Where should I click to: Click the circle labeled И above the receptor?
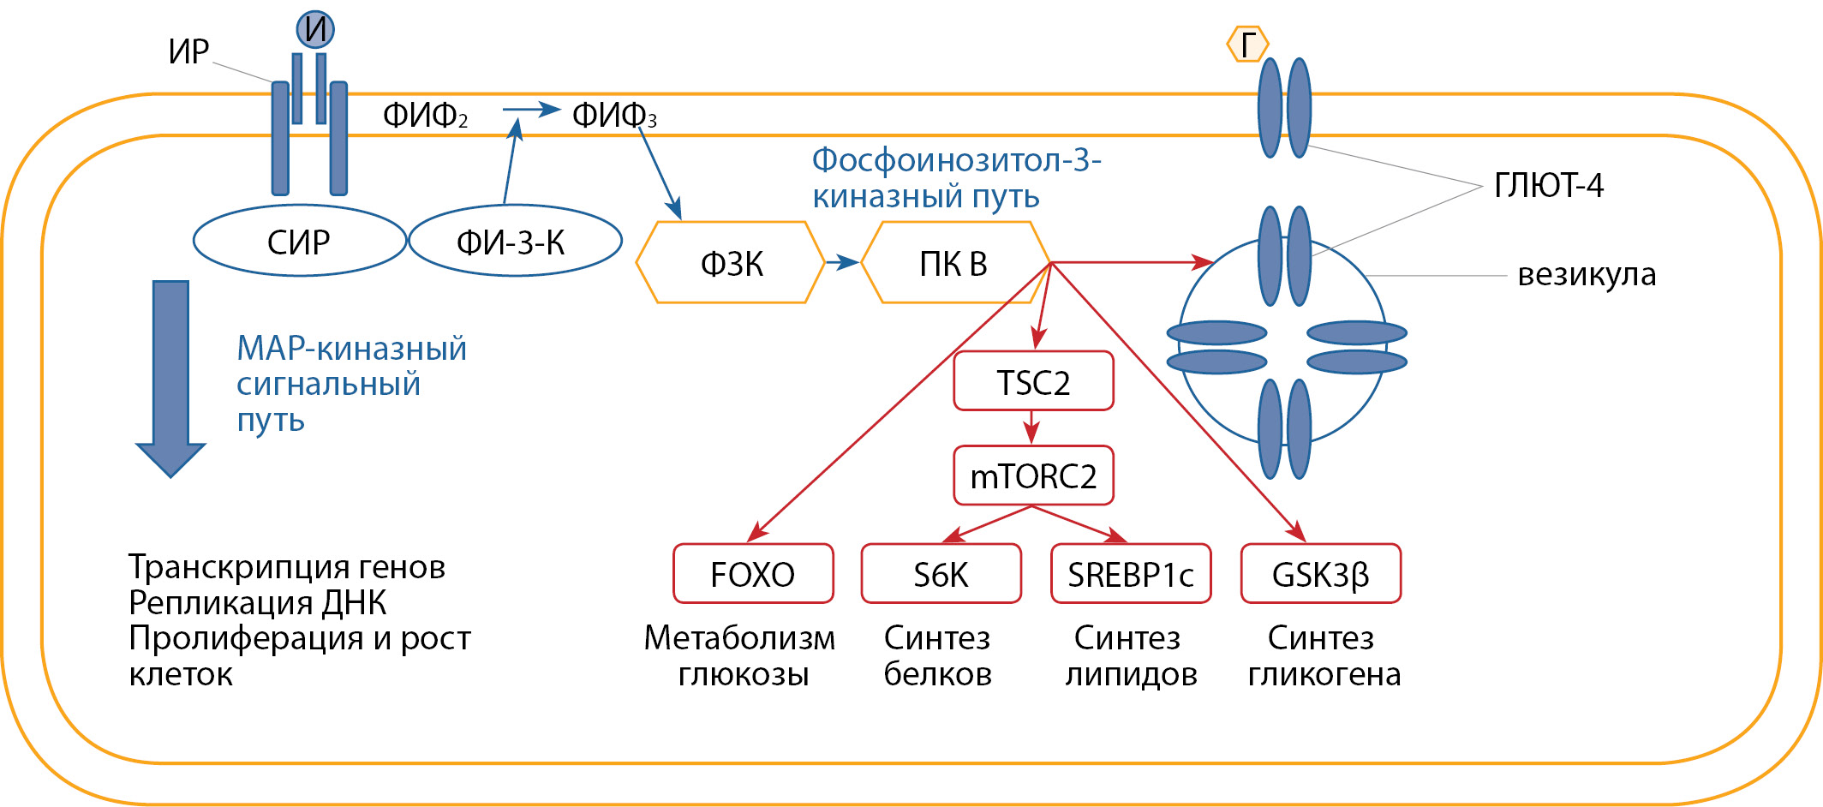coord(315,29)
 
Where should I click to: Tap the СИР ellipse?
coord(299,241)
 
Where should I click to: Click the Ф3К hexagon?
coord(731,263)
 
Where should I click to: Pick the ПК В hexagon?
coord(954,263)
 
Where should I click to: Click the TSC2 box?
coord(1033,381)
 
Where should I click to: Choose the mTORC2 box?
coord(1033,475)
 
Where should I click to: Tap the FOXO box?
coord(753,573)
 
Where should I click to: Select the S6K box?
coord(941,573)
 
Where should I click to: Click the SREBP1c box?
coord(1131,573)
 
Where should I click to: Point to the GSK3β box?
coord(1320,573)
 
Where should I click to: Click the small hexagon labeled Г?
coord(1247,44)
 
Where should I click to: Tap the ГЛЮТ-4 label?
coord(1548,185)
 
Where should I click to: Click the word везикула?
coord(1587,274)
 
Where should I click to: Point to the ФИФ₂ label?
coord(425,115)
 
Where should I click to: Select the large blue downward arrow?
coord(170,377)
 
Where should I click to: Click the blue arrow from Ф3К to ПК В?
coord(842,262)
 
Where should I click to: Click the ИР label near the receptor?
coord(188,51)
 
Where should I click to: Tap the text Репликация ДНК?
coord(257,603)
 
